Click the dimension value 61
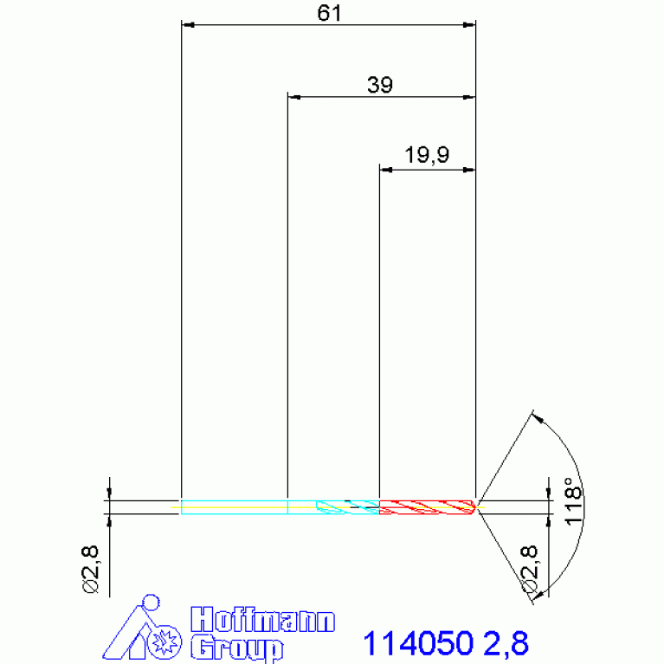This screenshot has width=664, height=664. [x=329, y=13]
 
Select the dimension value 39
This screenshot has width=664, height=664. [x=380, y=85]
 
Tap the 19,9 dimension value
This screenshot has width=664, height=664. [x=427, y=155]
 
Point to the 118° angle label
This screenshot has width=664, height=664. [x=573, y=502]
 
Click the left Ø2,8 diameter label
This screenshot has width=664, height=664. [x=90, y=570]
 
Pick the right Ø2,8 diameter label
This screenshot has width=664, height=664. [x=529, y=569]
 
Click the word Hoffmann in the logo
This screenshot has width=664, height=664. [x=262, y=620]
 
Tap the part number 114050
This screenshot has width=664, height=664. [x=418, y=644]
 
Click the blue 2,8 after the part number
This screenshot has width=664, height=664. [x=506, y=644]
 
